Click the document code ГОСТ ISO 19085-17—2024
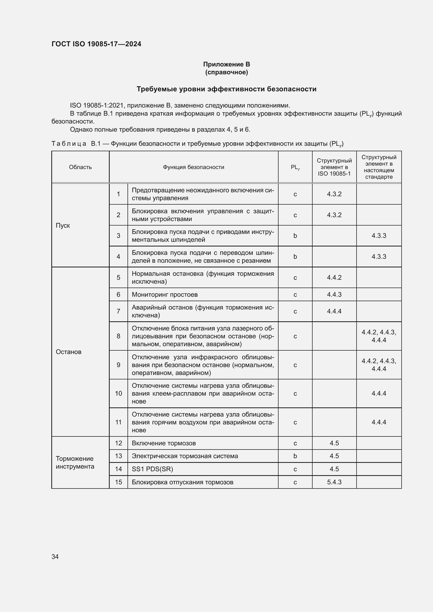(x=96, y=44)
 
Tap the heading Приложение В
(x=226, y=64)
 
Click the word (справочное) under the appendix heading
(x=226, y=72)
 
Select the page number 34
(x=55, y=557)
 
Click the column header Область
(x=80, y=167)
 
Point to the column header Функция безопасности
(x=193, y=167)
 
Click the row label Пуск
(x=63, y=226)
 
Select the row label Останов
(x=69, y=352)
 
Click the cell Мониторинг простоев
(x=164, y=295)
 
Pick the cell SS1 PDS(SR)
(x=152, y=469)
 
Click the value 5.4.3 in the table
(x=334, y=482)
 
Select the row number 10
(x=118, y=394)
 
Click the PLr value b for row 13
(x=295, y=456)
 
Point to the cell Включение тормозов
(x=164, y=443)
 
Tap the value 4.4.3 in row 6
(x=334, y=295)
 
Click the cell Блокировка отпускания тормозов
(x=182, y=482)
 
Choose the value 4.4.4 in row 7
(x=334, y=311)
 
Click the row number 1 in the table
(x=118, y=194)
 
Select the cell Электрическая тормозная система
(x=185, y=456)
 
